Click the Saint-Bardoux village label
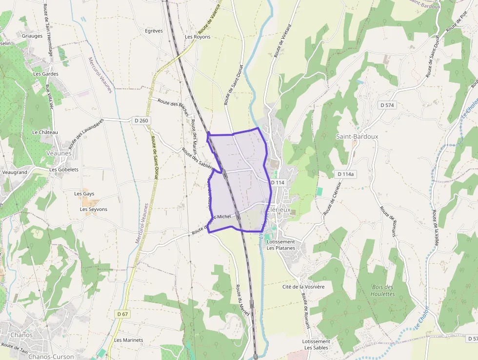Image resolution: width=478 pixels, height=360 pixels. tap(357, 137)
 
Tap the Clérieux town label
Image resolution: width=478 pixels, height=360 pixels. tap(279, 210)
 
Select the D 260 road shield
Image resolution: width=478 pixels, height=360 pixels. tap(140, 120)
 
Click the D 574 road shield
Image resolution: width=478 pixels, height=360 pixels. tap(387, 105)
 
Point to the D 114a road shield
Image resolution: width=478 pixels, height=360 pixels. tap(345, 174)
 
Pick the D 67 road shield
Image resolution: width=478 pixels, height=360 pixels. tap(122, 314)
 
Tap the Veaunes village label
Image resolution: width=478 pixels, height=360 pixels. tap(59, 153)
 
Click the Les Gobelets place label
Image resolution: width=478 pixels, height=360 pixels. tap(64, 170)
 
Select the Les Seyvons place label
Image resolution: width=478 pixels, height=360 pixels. tap(94, 209)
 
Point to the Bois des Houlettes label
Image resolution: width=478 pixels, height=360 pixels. tap(382, 291)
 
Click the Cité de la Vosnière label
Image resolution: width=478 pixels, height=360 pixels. tap(303, 287)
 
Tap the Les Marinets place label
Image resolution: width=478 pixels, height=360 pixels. tap(129, 340)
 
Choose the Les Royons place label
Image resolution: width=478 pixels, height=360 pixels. tap(198, 37)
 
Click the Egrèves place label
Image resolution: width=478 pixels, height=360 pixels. tap(154, 31)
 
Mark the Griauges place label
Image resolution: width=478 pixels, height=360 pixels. tap(32, 36)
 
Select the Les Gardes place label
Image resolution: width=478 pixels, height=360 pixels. tap(45, 74)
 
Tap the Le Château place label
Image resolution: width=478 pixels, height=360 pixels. tap(45, 132)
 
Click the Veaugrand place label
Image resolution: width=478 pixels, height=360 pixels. tap(15, 172)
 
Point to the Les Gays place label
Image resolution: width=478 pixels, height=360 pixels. tap(84, 193)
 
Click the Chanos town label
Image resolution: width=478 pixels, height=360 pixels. tap(21, 335)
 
